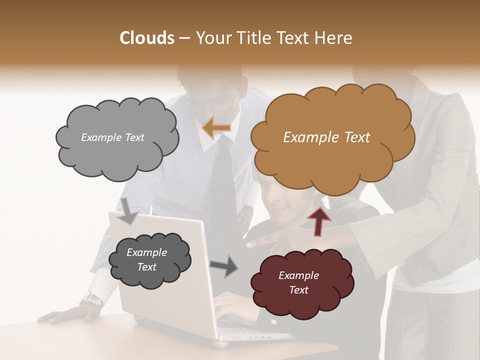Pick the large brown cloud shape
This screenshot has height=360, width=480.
coord(330,137)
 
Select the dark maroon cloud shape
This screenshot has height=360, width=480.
coord(301,283)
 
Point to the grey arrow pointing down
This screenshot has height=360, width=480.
coord(129,210)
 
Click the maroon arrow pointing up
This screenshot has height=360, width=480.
coord(318,220)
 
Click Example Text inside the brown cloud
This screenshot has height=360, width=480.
coord(326,137)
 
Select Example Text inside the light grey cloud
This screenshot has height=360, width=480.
coord(112,137)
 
